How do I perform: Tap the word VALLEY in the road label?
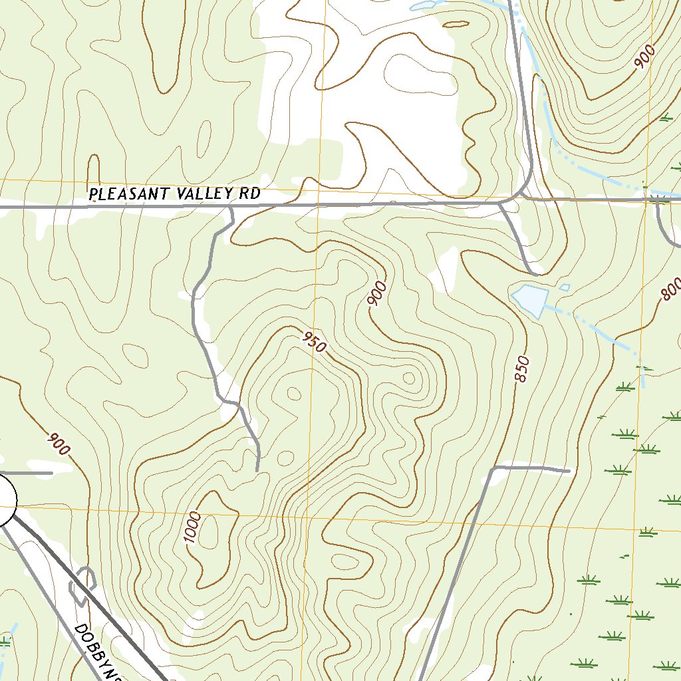pos(198,194)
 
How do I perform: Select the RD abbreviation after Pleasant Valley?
pos(248,194)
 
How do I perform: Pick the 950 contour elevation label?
pos(314,342)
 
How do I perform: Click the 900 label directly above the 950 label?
pos(377,294)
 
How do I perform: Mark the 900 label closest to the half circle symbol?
pos(59,444)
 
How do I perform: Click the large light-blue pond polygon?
pos(531,299)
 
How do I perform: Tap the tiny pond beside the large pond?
pos(564,287)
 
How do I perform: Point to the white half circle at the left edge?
pos(6,499)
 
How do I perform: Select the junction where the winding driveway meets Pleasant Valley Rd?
pos(230,207)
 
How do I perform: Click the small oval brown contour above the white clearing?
pos(456,25)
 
